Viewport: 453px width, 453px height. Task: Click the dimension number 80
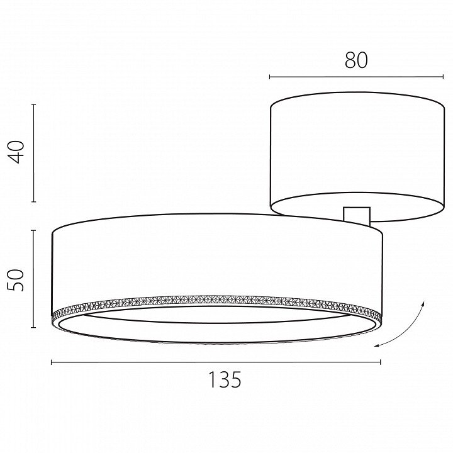point(356,60)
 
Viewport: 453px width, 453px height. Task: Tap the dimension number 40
point(16,152)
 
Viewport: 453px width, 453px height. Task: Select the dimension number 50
point(16,279)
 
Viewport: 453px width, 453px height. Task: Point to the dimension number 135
point(225,379)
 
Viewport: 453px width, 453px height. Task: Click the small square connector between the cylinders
point(357,215)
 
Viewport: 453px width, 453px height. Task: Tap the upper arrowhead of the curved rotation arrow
point(423,303)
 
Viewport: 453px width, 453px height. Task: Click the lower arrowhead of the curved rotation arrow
point(377,345)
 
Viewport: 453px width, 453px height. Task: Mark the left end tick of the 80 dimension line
point(269,77)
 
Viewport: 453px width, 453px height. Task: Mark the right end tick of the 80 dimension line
point(443,77)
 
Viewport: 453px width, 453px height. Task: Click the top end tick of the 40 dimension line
point(34,104)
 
